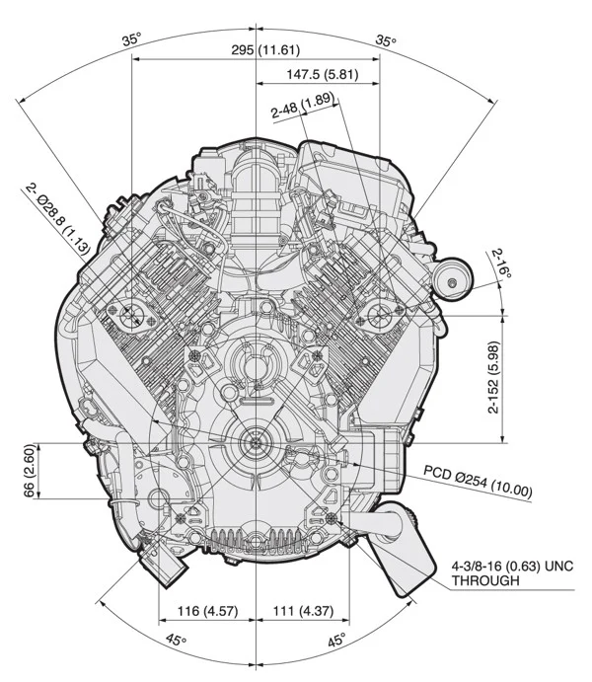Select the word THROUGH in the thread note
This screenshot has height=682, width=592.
click(x=485, y=582)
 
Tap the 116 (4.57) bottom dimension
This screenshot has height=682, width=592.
click(x=206, y=611)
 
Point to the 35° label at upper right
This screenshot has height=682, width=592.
click(x=386, y=40)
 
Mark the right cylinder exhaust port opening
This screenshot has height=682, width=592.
click(x=380, y=315)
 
